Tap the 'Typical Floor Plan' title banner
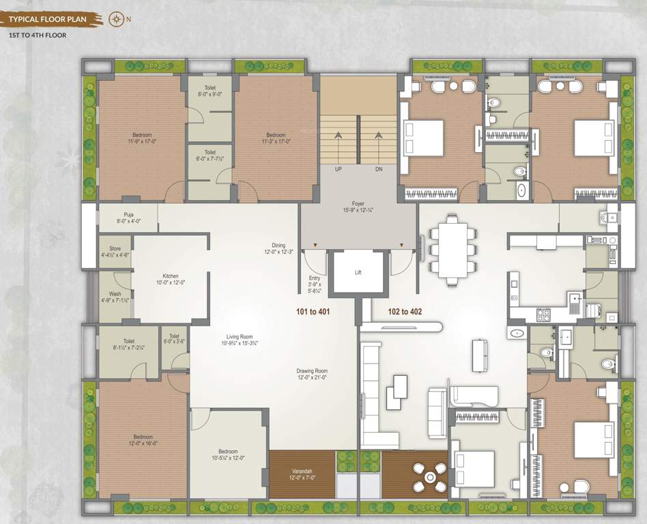tap(48, 19)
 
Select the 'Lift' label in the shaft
tap(358, 272)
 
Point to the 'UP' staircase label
tap(338, 169)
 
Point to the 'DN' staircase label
tap(379, 169)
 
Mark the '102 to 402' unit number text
tap(405, 312)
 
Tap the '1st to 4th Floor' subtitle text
tap(38, 35)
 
